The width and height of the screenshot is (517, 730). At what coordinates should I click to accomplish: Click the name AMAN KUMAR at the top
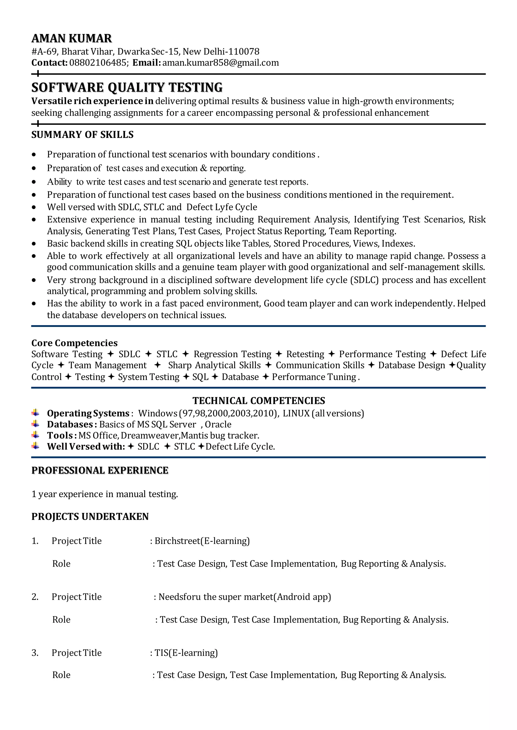tap(72, 39)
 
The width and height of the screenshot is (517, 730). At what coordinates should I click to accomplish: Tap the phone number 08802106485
tap(98, 63)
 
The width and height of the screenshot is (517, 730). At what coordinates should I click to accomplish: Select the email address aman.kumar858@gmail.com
tap(220, 63)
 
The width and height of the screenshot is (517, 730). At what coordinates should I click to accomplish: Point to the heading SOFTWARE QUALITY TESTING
tap(127, 87)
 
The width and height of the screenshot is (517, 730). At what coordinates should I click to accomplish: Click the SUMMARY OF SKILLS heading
tap(82, 135)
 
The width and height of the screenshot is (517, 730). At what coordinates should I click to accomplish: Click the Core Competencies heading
tap(74, 343)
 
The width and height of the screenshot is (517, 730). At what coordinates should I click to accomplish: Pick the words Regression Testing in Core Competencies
tap(232, 354)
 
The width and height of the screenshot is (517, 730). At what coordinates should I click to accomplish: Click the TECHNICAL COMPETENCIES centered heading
tap(258, 401)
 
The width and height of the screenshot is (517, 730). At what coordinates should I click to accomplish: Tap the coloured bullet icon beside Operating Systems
tap(35, 413)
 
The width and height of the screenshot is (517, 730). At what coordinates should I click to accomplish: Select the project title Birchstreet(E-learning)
tap(202, 541)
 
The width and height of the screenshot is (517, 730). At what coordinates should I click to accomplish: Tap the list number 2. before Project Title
tap(35, 597)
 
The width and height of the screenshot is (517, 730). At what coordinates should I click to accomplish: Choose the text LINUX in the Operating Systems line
tap(296, 413)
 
